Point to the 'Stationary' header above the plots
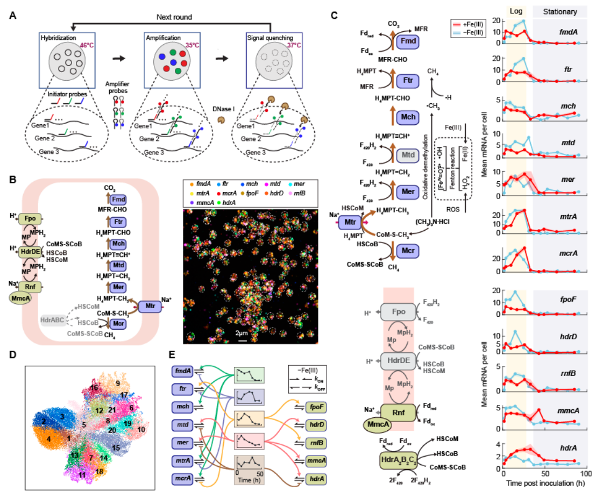[557, 11]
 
